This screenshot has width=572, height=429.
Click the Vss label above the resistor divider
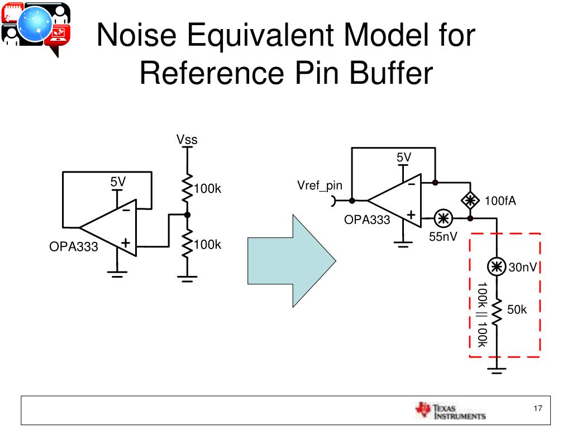tap(187, 140)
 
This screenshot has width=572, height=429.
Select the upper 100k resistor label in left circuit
tap(207, 189)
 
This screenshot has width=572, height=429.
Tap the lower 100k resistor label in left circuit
tap(207, 245)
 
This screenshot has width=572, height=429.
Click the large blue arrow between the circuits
tap(291, 261)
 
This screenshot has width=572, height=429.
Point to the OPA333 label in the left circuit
tap(74, 246)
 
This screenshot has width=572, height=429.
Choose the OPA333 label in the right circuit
tap(367, 220)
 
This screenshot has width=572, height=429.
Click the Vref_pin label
tap(320, 185)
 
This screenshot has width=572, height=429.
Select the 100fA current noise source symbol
tap(471, 200)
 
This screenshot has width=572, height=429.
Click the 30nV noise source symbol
tap(495, 268)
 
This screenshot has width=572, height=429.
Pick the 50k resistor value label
tap(517, 309)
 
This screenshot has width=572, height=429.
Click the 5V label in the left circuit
tap(118, 182)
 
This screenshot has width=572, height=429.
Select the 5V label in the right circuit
tap(404, 158)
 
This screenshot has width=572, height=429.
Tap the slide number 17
tap(538, 408)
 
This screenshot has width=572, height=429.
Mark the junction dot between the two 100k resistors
tap(187, 214)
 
